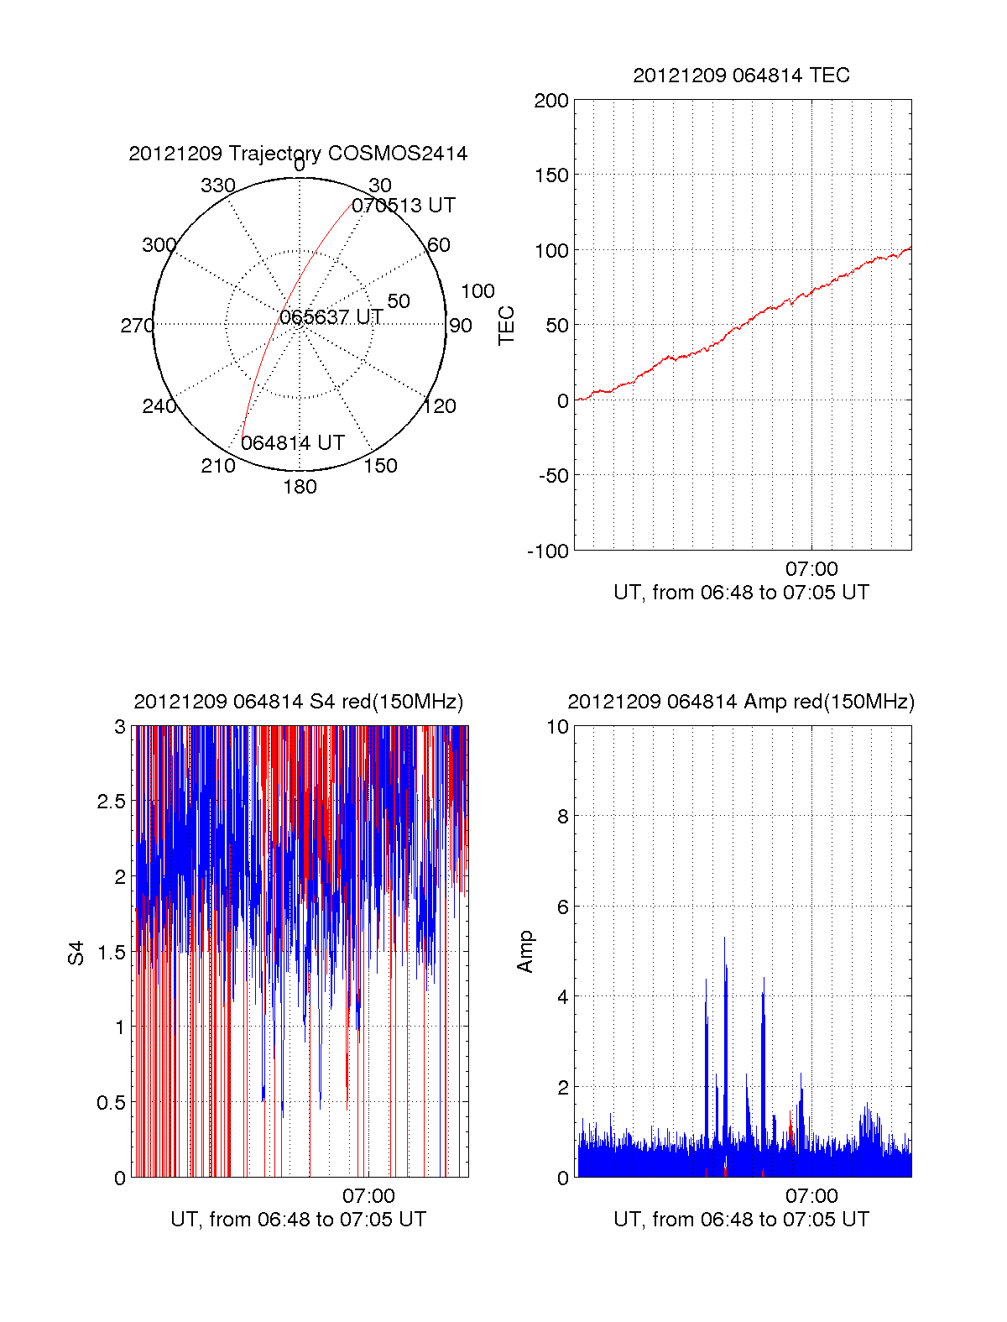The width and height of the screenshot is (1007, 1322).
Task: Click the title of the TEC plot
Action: [741, 76]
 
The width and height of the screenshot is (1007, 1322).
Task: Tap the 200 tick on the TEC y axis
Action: [551, 102]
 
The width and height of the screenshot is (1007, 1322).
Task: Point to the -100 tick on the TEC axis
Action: [548, 551]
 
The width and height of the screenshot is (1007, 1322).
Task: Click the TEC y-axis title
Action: [506, 326]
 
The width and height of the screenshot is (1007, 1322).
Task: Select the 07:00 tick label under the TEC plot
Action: [811, 569]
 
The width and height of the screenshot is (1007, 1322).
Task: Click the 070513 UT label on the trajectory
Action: [404, 206]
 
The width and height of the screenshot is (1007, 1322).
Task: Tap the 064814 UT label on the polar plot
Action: [293, 443]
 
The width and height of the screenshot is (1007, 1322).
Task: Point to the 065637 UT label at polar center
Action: [331, 317]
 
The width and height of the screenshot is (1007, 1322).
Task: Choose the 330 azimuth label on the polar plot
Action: [218, 185]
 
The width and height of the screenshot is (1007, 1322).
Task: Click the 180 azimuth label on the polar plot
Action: [300, 487]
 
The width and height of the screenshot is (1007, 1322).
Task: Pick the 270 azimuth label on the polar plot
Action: [137, 326]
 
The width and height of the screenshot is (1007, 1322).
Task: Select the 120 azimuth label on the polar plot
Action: [440, 406]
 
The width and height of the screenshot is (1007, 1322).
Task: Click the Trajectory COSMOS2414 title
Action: [298, 154]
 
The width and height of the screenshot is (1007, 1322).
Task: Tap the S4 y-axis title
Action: [76, 953]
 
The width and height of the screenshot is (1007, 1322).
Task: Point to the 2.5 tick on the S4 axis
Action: [111, 802]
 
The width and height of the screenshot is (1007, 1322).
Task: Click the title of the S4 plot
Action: [298, 702]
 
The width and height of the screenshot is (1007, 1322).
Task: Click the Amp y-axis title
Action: [525, 952]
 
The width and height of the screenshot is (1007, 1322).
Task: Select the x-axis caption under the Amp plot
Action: [741, 1220]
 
